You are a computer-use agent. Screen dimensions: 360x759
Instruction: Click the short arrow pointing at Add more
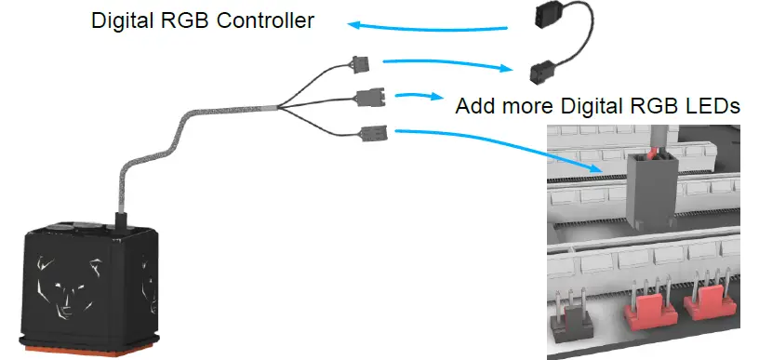click(x=418, y=94)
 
